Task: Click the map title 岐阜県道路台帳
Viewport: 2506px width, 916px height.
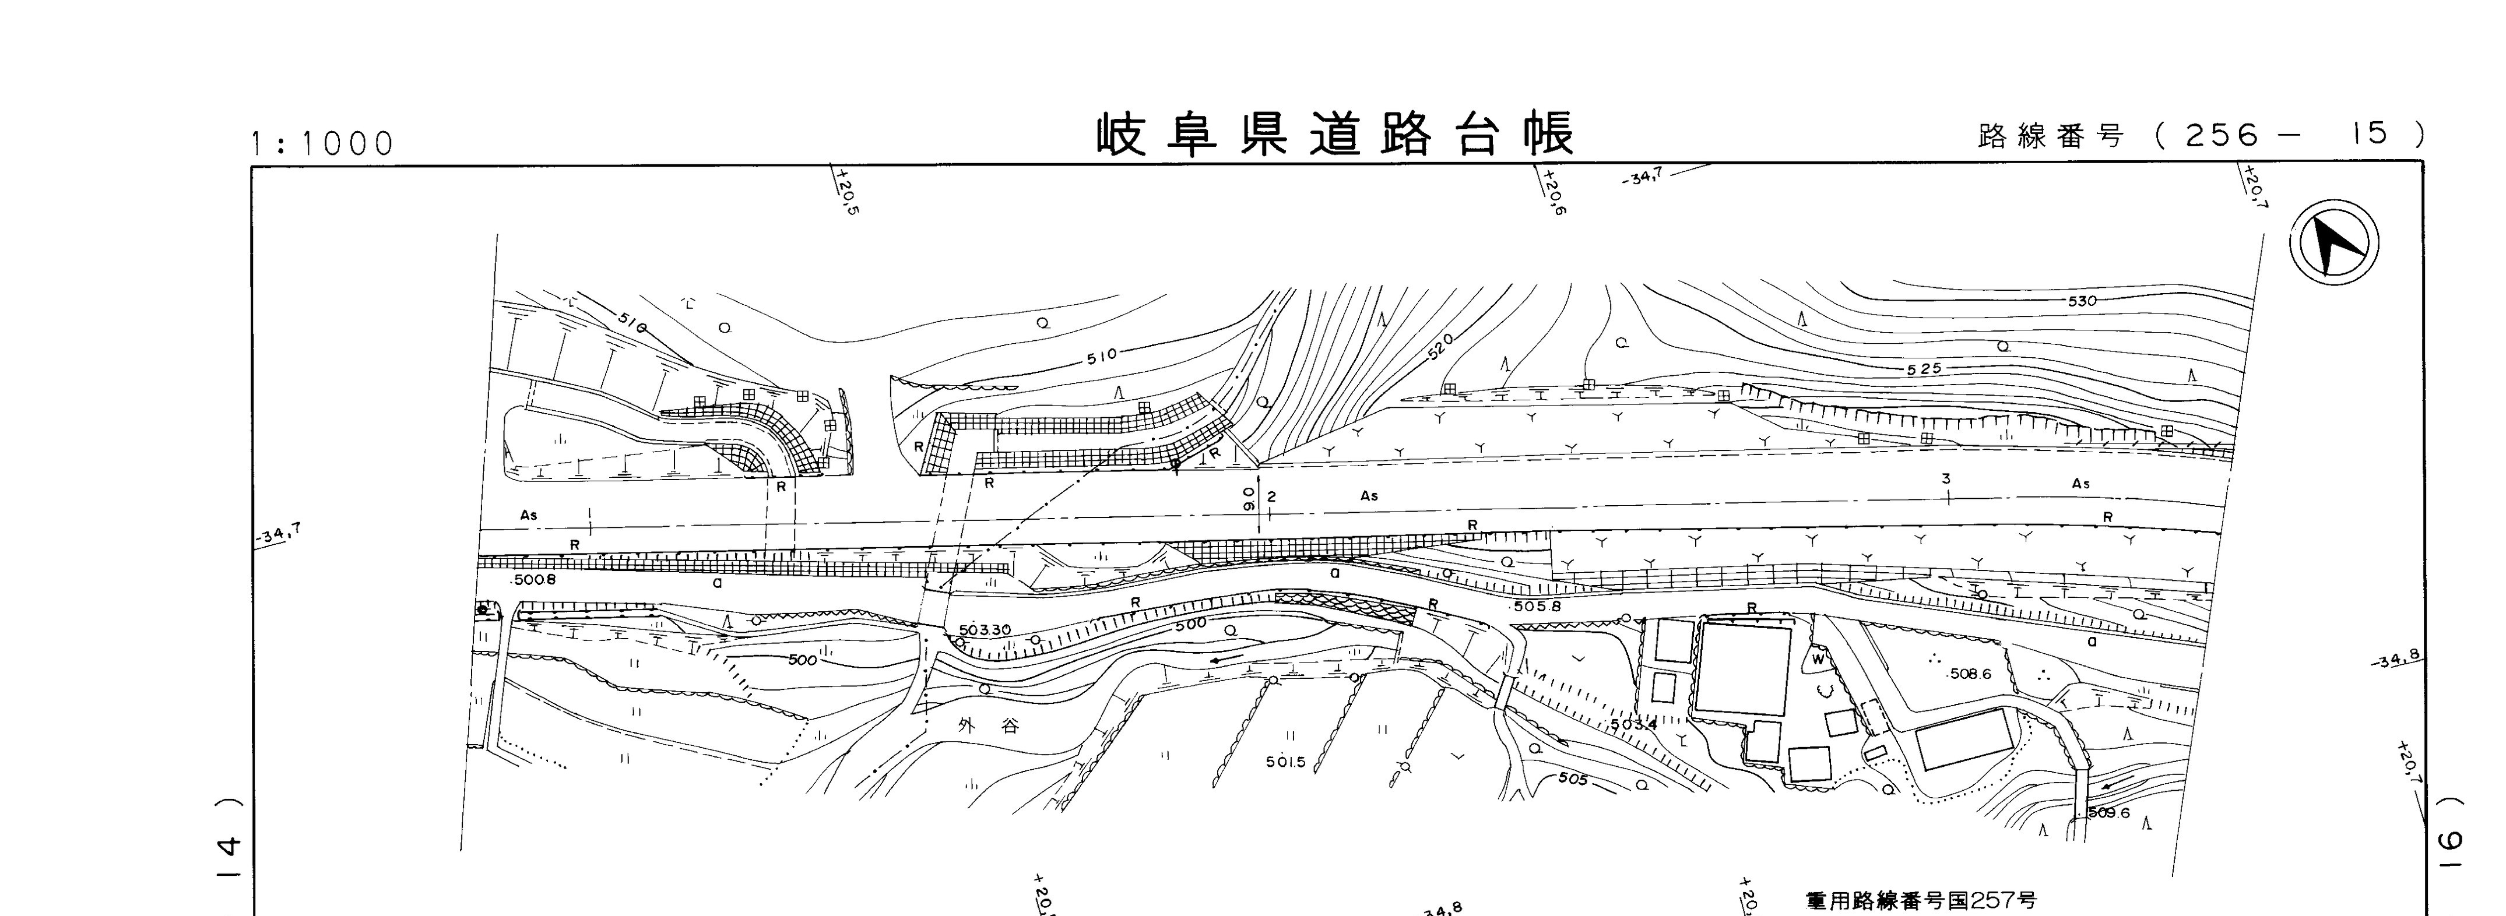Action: (1335, 135)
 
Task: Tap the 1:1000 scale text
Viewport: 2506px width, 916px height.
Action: (322, 144)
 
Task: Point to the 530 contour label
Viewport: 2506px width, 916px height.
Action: (2082, 301)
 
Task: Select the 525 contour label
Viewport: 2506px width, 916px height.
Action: (1924, 369)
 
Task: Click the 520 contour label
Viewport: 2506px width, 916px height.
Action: (1441, 346)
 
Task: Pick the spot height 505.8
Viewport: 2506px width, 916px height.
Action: (1537, 606)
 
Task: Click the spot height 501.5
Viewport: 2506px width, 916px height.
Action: (1285, 762)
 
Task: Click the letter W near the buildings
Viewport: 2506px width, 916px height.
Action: (1817, 658)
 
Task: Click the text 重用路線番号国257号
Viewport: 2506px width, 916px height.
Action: (1921, 900)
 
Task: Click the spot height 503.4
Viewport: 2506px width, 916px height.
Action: (1632, 724)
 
